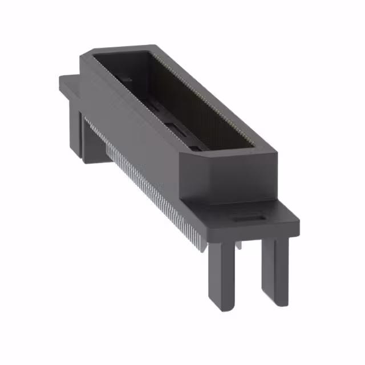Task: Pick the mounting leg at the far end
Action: [91, 134]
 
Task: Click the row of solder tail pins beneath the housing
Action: [143, 182]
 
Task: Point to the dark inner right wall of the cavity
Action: [188, 97]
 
